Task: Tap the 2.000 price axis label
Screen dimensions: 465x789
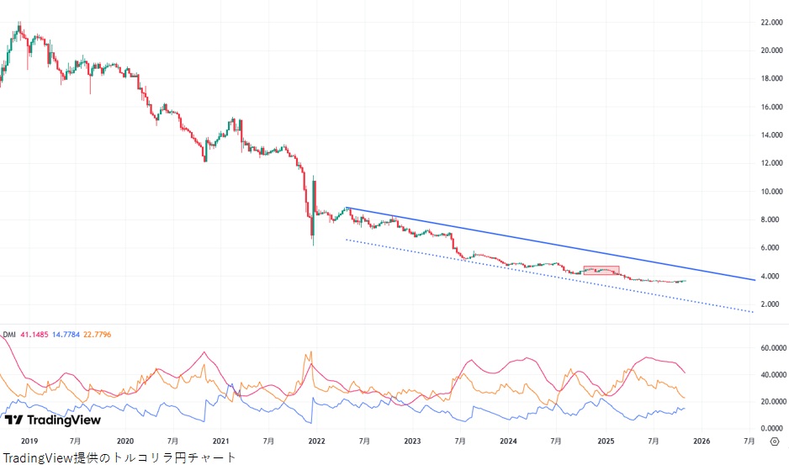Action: tap(771, 304)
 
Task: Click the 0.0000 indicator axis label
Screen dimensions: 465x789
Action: tap(769, 428)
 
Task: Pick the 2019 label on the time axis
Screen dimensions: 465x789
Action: tap(29, 441)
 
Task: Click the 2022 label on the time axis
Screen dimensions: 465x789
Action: tap(317, 441)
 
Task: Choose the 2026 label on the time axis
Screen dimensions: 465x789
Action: tap(702, 441)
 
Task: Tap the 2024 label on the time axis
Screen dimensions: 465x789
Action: tap(508, 441)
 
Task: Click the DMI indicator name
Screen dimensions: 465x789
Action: tap(9, 334)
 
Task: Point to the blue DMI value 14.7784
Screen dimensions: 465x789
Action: tap(75, 334)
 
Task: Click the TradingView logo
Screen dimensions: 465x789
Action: tap(52, 420)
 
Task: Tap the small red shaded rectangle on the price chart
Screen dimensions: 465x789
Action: tap(601, 271)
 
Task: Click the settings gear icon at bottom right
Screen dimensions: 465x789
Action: tap(773, 441)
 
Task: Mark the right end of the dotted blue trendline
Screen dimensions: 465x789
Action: tap(753, 312)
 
